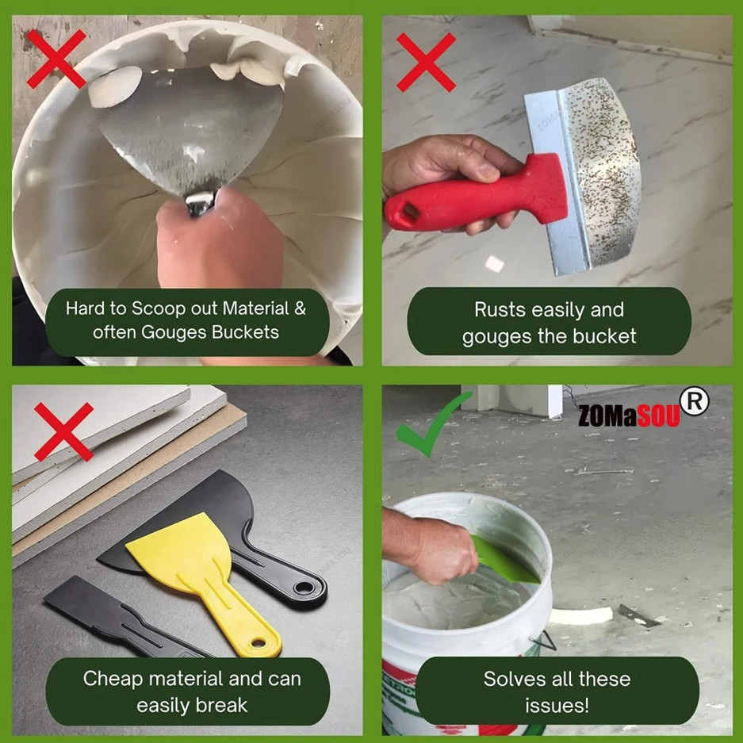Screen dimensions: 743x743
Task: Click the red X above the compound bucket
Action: (56, 59)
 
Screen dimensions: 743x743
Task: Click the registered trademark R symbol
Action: (695, 403)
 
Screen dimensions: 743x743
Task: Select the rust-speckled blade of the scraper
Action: (603, 167)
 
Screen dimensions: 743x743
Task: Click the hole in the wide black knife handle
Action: (304, 588)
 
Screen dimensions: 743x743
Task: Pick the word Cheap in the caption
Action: (112, 679)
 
